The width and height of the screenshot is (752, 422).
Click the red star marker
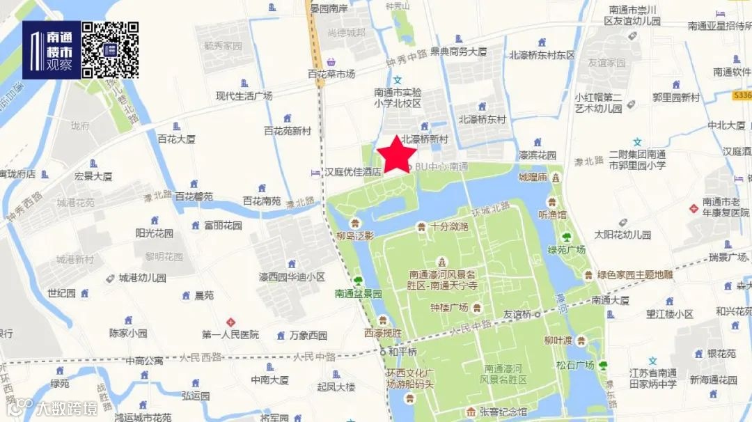pos(397,153)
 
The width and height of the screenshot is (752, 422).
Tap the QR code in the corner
pos(110,49)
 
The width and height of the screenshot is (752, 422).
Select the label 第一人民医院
pos(230,335)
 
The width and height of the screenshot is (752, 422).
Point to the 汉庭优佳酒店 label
pos(354,171)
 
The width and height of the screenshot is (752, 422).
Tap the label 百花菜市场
pos(331,73)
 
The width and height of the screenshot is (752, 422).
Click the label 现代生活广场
pos(244,96)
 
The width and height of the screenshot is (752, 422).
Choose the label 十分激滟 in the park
pos(448,226)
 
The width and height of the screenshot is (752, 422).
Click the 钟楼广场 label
pos(449,307)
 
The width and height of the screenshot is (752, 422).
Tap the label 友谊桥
pos(517,314)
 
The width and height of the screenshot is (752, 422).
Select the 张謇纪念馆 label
pos(503,412)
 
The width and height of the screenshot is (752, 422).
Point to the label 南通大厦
pos(610,301)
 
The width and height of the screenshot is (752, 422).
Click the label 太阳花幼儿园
pos(622,235)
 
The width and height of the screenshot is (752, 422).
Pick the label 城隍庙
pos(533,178)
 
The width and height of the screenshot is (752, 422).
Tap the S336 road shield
pos(742,95)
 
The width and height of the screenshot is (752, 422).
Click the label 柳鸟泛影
pos(354,235)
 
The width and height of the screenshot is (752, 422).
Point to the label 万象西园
pos(308,336)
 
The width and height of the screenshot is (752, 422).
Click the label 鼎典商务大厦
pos(458,52)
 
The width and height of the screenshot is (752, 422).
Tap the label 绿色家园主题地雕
pos(635,274)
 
